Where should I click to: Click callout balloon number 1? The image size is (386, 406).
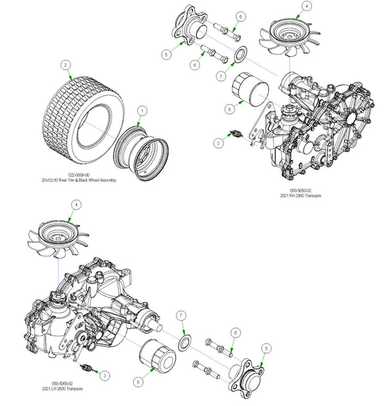143,111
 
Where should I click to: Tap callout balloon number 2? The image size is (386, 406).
65,65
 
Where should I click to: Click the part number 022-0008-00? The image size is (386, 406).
84,175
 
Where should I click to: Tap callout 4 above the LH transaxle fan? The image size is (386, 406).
77,204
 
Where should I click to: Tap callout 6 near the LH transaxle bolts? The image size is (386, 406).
237,332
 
